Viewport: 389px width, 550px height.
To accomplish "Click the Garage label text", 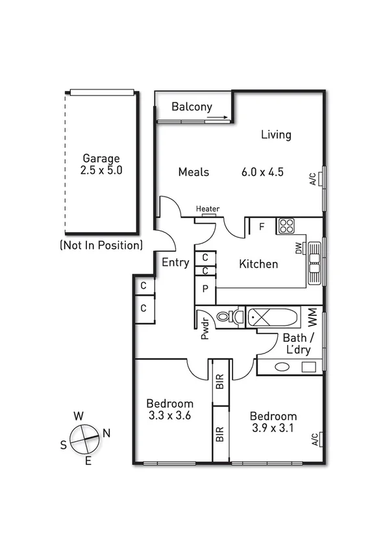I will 101,158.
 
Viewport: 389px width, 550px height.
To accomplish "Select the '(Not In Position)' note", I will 101,245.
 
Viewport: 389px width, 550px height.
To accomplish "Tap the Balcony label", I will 192,107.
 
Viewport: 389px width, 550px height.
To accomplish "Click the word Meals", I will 194,172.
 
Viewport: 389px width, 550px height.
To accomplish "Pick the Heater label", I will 208,209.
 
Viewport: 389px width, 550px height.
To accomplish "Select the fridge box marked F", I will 261,226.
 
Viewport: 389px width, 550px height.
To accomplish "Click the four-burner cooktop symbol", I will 286,226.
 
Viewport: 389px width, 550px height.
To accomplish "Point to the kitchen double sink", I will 315,263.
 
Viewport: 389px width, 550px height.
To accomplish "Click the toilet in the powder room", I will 227,317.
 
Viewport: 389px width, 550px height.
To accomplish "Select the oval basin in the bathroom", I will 282,366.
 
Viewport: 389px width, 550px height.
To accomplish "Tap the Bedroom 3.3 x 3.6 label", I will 169,408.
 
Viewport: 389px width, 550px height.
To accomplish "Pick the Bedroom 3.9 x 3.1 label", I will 273,422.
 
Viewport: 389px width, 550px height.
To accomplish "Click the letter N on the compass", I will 107,433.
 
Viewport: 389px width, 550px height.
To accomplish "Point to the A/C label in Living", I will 312,179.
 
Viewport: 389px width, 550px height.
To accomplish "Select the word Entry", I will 175,263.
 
